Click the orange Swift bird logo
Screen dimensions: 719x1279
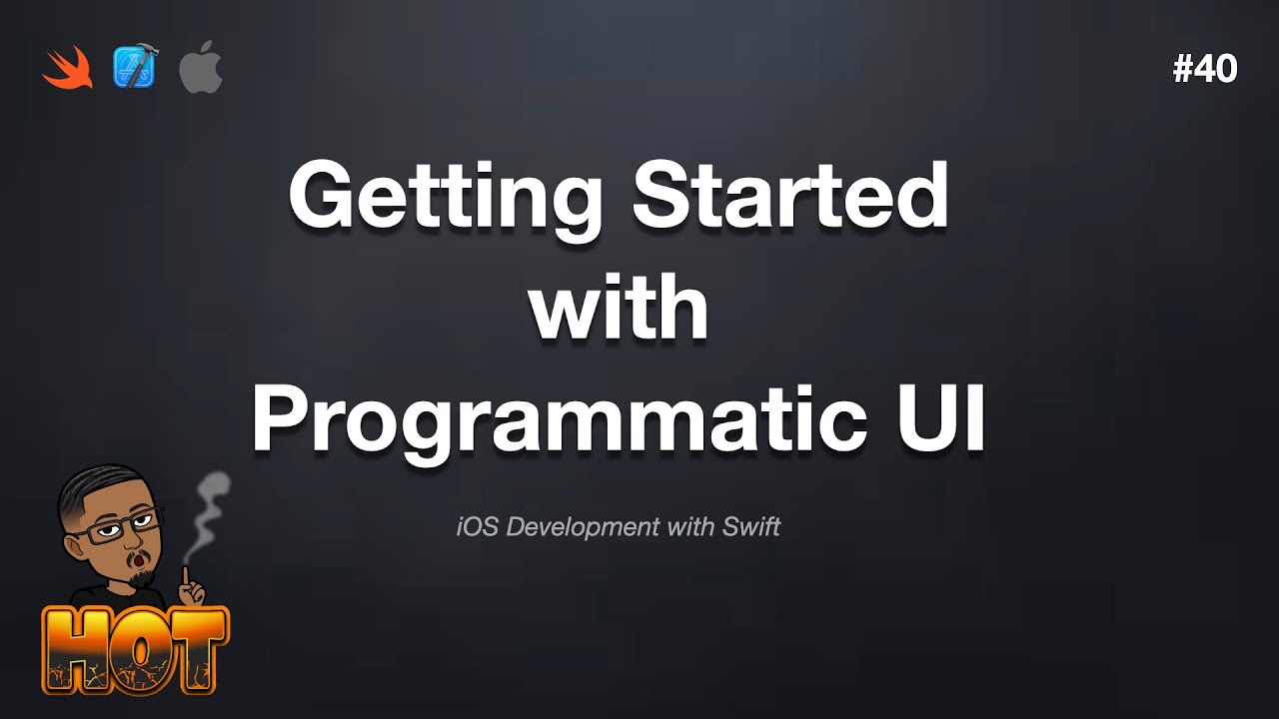point(68,69)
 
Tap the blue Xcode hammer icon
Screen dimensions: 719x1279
point(134,69)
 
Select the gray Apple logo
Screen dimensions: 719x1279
point(200,69)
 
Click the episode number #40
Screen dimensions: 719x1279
point(1205,69)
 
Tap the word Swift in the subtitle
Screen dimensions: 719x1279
point(750,526)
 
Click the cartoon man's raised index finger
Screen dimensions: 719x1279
point(186,576)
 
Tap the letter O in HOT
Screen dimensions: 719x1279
point(140,649)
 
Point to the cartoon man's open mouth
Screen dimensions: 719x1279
point(139,564)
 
